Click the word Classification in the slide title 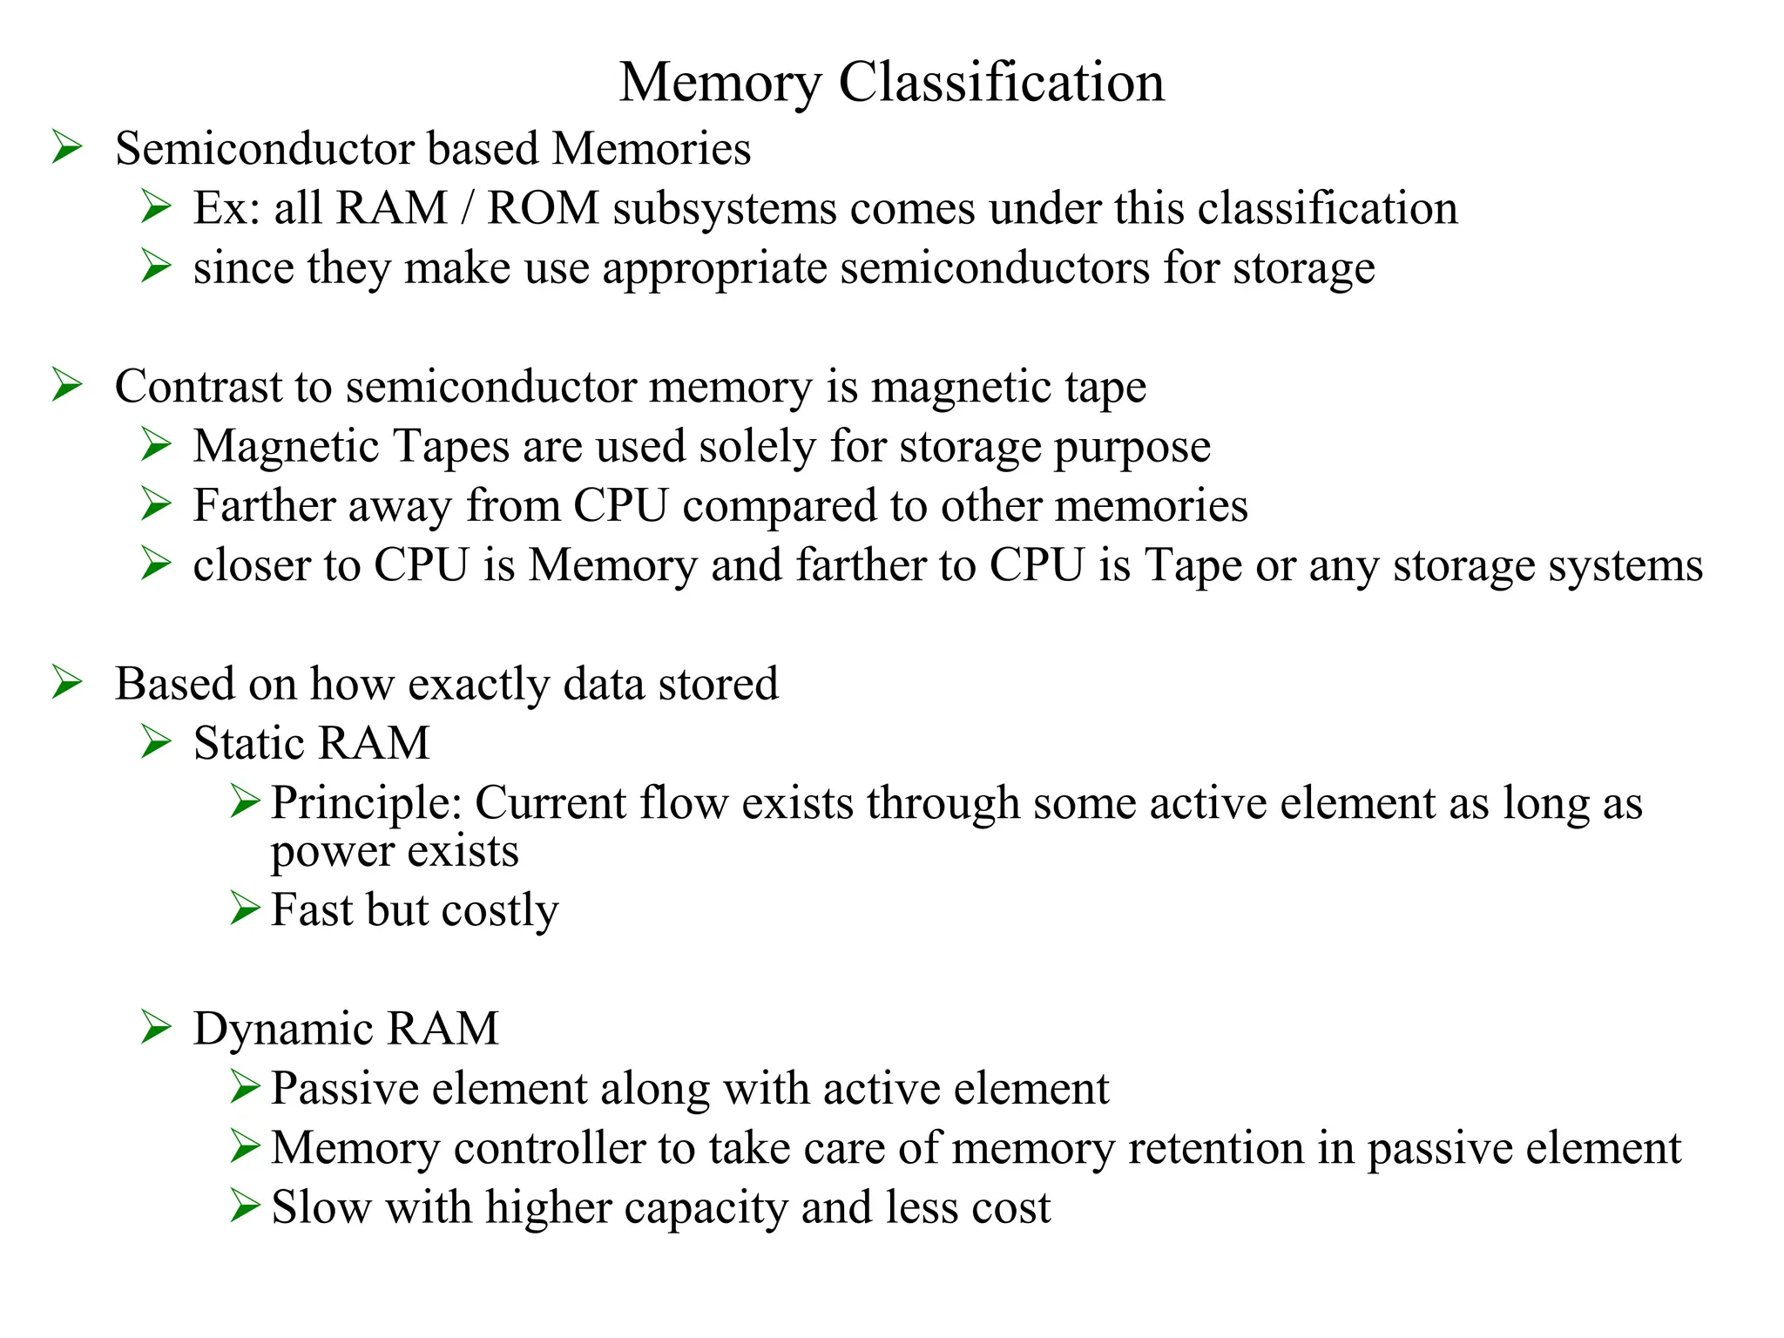1001,84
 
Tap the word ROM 543,208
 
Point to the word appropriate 714,268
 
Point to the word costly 500,911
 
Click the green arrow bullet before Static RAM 156,742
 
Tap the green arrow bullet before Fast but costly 245,909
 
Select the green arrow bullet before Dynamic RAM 156,1028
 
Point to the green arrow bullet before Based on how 67,682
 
